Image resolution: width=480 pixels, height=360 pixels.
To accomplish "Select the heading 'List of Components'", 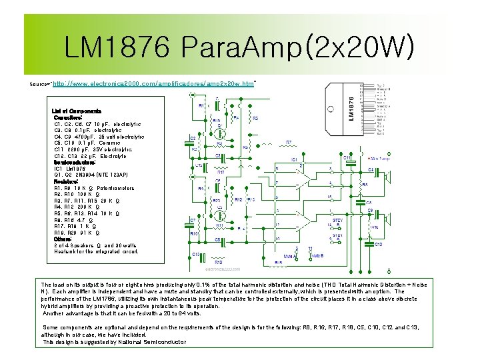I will (x=77, y=111).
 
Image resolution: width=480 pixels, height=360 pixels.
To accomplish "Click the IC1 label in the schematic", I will (x=294, y=159).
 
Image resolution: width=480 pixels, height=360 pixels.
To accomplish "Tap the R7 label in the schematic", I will (x=289, y=142).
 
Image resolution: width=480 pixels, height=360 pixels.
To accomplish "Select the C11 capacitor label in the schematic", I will (x=346, y=158).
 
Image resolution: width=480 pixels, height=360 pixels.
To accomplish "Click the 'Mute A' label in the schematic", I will (x=289, y=256).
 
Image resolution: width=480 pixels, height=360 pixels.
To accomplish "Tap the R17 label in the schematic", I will (x=220, y=173).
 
